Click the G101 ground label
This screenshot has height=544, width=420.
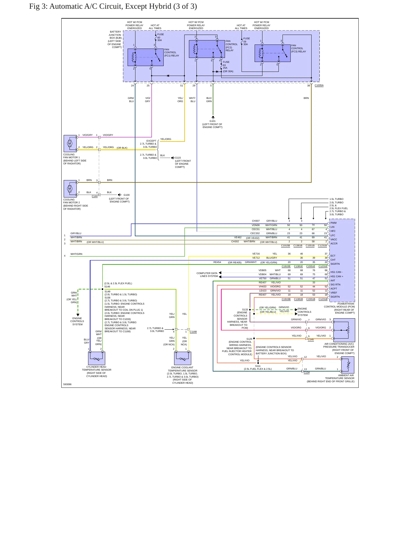tap(212, 121)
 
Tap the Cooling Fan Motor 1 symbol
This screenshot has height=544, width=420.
tap(70, 143)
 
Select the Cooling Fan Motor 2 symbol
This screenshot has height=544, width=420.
tap(70, 189)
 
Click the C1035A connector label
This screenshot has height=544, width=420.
tap(319, 86)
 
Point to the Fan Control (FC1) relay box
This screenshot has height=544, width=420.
tap(146, 57)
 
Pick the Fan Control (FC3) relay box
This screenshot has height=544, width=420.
tap(273, 53)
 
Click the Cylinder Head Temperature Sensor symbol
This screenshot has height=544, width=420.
tap(96, 358)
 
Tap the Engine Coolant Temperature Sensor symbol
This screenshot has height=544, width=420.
tap(183, 358)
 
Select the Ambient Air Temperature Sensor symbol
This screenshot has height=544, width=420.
tap(348, 365)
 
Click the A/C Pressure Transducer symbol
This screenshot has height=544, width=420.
tap(344, 330)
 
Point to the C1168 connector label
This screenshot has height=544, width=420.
tap(193, 332)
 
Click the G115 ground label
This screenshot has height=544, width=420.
tap(178, 158)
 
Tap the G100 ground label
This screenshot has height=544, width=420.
tap(126, 195)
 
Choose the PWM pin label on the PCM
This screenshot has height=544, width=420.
tap(333, 223)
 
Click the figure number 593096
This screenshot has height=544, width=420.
tap(67, 384)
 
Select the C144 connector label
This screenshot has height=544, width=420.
tap(95, 196)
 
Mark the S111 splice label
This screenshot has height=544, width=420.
tap(258, 366)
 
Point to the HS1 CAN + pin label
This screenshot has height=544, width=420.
tap(337, 276)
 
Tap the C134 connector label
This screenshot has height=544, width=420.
tap(307, 372)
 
